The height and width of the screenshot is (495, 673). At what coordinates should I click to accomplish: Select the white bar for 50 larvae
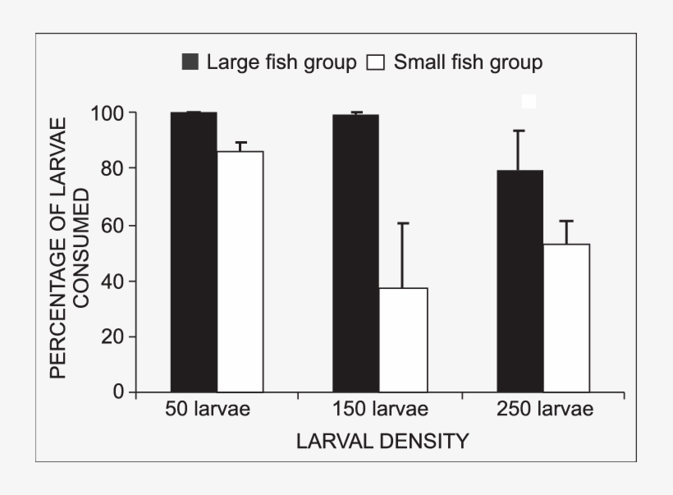(x=240, y=272)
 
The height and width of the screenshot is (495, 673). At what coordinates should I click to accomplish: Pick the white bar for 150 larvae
(x=404, y=340)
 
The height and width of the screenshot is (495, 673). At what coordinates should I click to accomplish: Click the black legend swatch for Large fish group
(x=190, y=62)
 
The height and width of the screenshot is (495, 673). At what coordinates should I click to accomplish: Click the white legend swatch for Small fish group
(x=377, y=62)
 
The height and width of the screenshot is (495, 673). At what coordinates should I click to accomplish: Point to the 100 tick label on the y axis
(x=108, y=113)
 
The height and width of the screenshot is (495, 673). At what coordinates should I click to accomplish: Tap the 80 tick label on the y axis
(x=113, y=168)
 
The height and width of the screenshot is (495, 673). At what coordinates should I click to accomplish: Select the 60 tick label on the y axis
(x=113, y=225)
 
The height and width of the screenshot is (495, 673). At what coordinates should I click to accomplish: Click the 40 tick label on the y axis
(x=113, y=281)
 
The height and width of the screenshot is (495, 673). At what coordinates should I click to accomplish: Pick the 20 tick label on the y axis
(x=113, y=337)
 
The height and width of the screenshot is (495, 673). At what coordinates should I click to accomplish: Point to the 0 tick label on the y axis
(x=119, y=392)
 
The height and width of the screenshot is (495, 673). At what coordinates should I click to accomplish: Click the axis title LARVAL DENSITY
(x=382, y=442)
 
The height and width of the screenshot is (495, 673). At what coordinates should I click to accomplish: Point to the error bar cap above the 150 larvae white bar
(x=403, y=222)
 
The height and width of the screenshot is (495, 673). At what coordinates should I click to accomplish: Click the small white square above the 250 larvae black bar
(x=529, y=101)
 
